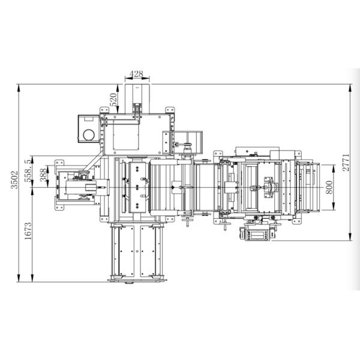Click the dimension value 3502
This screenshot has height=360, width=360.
[x=14, y=180]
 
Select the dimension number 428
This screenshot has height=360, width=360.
[x=136, y=74]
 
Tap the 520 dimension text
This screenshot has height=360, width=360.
[x=113, y=99]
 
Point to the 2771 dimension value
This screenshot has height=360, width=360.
[x=346, y=163]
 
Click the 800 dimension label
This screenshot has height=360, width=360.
[x=329, y=187]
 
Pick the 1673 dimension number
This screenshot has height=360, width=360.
[x=28, y=231]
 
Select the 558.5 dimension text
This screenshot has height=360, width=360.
[x=28, y=171]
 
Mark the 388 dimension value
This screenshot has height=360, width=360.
[x=43, y=175]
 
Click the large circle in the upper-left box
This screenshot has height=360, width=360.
[x=89, y=135]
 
